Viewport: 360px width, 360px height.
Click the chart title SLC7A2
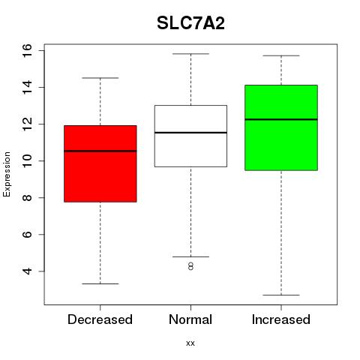190,23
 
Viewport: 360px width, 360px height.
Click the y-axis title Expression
7,174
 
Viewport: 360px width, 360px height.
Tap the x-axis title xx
190,343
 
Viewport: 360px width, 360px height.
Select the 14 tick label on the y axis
27,87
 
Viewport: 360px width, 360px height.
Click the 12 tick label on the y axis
27,124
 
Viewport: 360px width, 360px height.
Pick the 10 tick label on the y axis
27,160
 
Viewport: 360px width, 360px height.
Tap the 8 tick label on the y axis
27,197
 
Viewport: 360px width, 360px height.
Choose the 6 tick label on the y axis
27,234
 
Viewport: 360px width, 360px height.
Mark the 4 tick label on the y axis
27,271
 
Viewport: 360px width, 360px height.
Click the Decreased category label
100,319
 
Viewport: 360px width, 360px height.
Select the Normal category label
190,319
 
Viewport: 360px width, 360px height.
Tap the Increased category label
281,319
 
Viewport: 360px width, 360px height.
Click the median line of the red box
100,151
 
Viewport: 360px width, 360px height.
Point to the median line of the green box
281,119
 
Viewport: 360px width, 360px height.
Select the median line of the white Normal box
190,133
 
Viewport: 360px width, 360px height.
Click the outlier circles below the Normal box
190,266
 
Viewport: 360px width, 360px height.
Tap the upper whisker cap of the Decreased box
100,78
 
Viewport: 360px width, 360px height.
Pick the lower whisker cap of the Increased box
281,295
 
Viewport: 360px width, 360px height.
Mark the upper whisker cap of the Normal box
190,54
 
